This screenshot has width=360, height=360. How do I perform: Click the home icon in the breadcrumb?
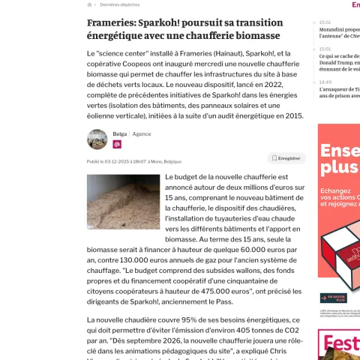90,4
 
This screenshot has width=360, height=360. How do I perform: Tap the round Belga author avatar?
97,139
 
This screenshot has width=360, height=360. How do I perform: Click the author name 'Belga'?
119,133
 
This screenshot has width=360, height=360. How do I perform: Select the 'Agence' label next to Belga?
142,133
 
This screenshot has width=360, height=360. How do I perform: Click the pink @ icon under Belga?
117,144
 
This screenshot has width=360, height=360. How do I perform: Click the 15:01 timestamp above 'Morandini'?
325,22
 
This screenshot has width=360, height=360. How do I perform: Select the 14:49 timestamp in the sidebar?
325,82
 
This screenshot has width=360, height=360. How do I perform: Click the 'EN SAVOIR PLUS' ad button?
332,298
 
